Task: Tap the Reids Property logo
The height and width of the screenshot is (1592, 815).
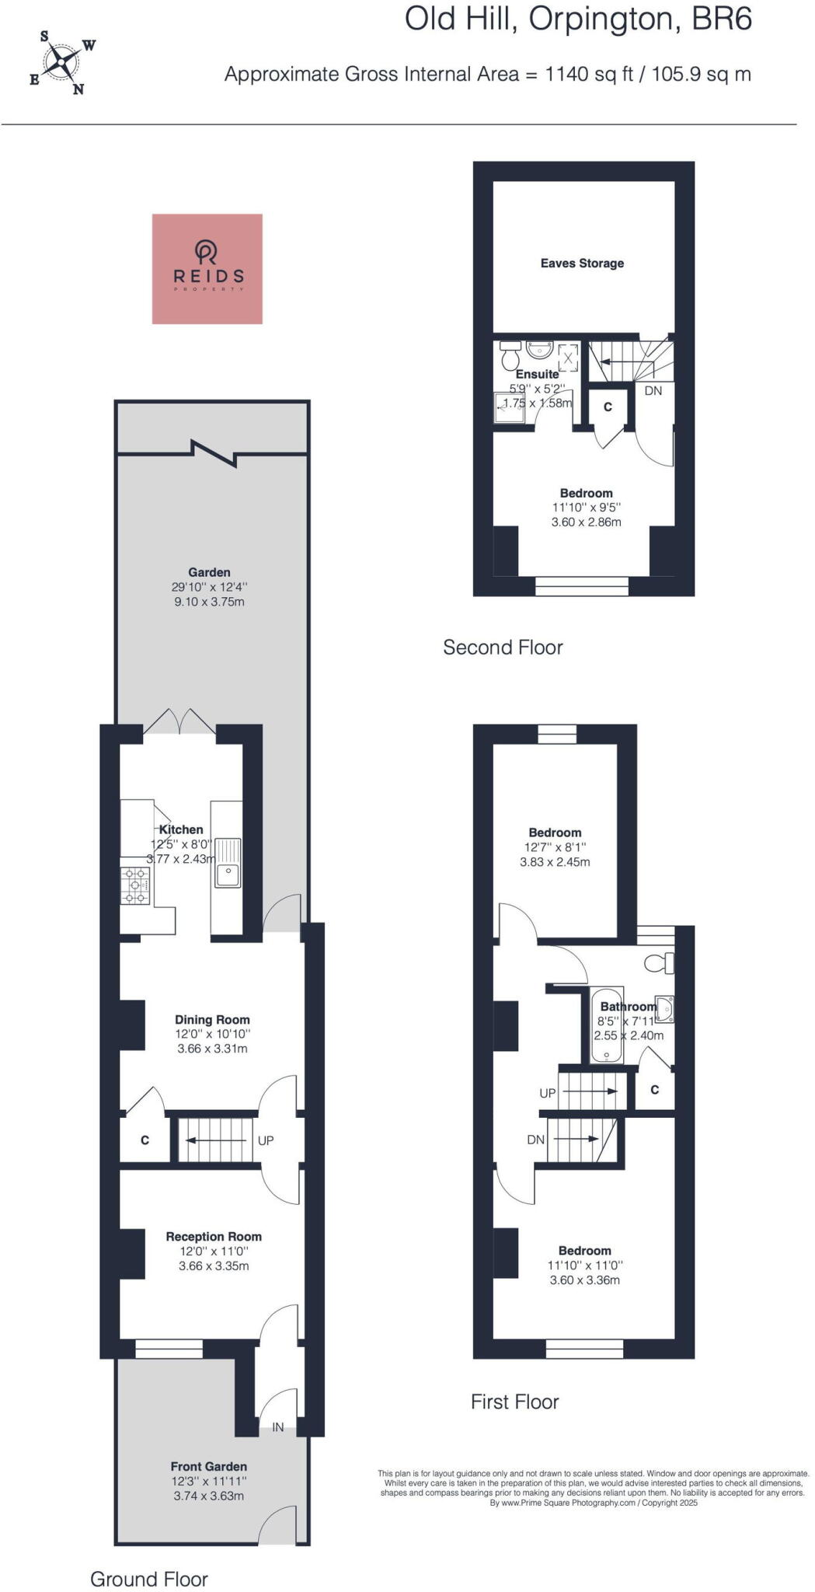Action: [207, 268]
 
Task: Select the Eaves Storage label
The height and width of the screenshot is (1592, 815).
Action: [582, 264]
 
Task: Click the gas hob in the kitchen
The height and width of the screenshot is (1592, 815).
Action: [135, 886]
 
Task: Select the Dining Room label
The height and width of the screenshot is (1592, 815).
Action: [212, 1020]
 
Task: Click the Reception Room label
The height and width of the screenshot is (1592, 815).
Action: [214, 1237]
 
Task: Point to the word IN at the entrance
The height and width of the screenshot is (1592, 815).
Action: [277, 1427]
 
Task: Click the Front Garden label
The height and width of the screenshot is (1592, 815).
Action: [209, 1466]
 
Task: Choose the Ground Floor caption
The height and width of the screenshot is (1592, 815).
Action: [149, 1557]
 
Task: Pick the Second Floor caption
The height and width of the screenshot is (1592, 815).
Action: [503, 648]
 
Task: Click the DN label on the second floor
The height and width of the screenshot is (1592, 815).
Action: [653, 391]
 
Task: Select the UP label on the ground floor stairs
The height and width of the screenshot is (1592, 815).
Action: [266, 1141]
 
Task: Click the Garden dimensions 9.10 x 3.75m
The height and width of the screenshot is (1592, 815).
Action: [209, 602]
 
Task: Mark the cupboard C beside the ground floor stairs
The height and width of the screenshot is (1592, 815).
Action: [145, 1140]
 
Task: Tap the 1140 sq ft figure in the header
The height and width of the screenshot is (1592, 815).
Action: [589, 75]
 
